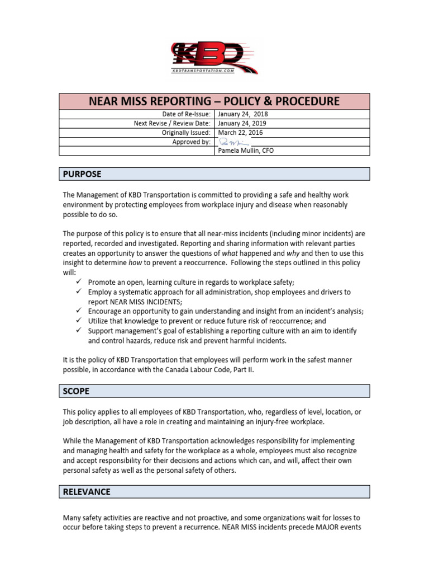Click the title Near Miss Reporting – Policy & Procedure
tap(214, 101)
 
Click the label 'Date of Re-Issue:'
tap(185, 114)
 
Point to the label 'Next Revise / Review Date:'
tap(172, 124)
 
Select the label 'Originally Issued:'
tap(186, 133)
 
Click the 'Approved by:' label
tap(192, 142)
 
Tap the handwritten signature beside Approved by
tap(230, 142)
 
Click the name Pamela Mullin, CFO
tap(246, 151)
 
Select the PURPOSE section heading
tap(82, 174)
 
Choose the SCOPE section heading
tap(76, 391)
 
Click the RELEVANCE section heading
tap(86, 492)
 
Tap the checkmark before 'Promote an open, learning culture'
tap(79, 282)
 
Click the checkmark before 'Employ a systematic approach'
tap(79, 292)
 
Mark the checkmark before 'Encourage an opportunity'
tap(79, 311)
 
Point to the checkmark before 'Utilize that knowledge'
tap(79, 321)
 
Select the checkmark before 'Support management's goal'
tap(79, 331)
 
